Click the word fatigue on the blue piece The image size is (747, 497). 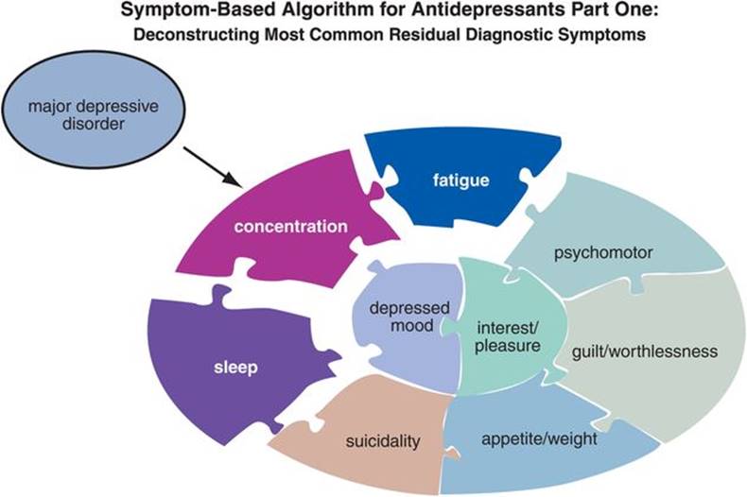460,180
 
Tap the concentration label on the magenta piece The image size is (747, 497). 290,226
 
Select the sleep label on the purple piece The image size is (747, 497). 235,368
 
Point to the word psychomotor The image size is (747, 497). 603,253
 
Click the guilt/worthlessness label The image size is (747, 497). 645,351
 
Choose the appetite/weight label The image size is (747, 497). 539,439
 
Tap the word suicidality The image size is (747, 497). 383,441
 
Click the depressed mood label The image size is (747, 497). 409,317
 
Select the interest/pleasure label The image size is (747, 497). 508,336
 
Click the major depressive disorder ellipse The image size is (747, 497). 93,110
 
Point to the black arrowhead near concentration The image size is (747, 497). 232,180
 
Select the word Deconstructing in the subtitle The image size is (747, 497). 197,35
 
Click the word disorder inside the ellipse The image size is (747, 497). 94,124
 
